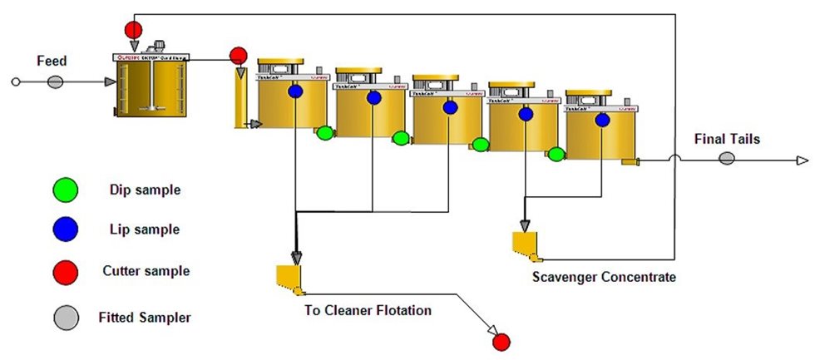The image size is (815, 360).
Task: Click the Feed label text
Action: pos(51,61)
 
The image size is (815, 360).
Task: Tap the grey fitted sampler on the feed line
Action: pos(55,81)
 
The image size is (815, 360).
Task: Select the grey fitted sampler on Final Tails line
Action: pos(726,159)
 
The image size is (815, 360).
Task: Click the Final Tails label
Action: pos(728,139)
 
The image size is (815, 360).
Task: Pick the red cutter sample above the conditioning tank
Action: pos(133,30)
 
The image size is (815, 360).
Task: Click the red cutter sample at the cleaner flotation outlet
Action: pos(501,341)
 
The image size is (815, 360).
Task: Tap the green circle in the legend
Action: pos(65,190)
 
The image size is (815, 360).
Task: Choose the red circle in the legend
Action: pos(65,271)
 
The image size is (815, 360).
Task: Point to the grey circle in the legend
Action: pos(65,317)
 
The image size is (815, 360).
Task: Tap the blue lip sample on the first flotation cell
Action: pos(295,91)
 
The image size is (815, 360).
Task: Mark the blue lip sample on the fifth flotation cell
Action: pos(602,120)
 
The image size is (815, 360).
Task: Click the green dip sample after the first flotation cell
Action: pos(324,132)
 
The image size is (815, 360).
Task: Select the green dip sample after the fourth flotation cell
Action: pos(556,154)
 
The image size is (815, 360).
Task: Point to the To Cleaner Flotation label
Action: pos(368,311)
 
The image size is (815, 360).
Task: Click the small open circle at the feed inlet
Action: pos(14,81)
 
